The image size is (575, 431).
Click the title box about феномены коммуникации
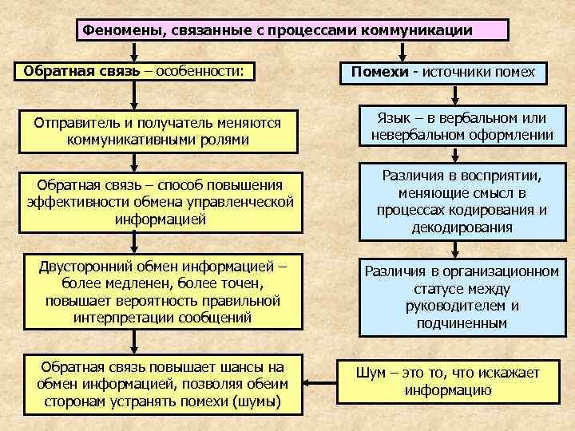[292, 30]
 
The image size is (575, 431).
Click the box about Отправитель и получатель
[160, 132]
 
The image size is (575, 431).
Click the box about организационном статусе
[462, 296]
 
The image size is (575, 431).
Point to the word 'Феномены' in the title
[117, 31]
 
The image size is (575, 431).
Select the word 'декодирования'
[462, 227]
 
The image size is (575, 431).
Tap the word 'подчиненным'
[462, 323]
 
